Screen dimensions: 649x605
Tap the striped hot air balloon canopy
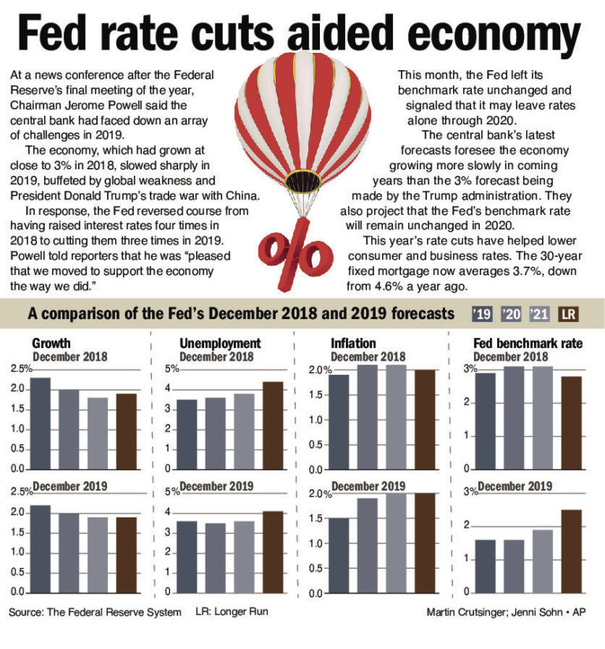pos(302,118)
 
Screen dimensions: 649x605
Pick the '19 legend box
pos(482,314)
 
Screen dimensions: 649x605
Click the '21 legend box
pos(540,314)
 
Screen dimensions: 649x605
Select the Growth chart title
pos(51,343)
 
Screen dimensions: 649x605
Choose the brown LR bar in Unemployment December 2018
pos(273,425)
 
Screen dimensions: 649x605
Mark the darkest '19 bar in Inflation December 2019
pos(339,554)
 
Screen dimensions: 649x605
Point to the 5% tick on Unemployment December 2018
pos(171,369)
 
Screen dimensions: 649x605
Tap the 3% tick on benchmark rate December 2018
pos(470,369)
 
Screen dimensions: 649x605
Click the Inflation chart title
pos(354,343)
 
